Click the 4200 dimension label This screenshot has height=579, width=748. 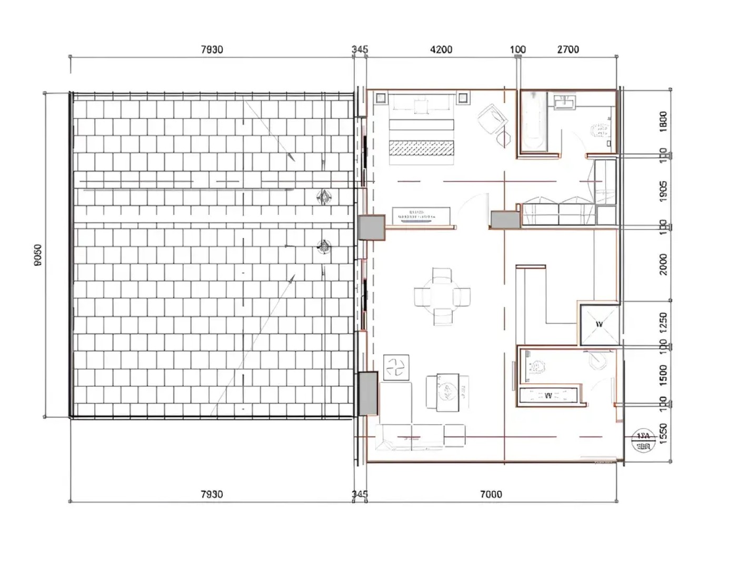point(441,49)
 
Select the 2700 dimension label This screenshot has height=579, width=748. point(568,49)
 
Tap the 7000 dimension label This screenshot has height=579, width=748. point(491,494)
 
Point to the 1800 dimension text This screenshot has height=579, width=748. point(663,121)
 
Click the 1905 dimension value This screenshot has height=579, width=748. point(663,191)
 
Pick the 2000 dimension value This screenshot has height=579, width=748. point(663,264)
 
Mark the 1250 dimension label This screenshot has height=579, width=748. point(663,322)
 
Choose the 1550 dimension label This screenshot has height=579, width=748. point(663,434)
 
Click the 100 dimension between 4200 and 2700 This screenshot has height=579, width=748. point(518,49)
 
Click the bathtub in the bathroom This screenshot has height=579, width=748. point(534,122)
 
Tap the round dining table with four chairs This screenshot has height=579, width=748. point(442,296)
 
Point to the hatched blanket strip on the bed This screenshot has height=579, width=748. point(421,148)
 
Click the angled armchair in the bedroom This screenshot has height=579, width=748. point(492,120)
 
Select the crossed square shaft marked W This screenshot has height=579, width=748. point(599,324)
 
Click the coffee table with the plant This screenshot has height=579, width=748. point(447,392)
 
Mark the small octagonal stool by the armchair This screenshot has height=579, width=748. point(504,139)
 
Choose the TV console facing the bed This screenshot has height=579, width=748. point(422,216)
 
